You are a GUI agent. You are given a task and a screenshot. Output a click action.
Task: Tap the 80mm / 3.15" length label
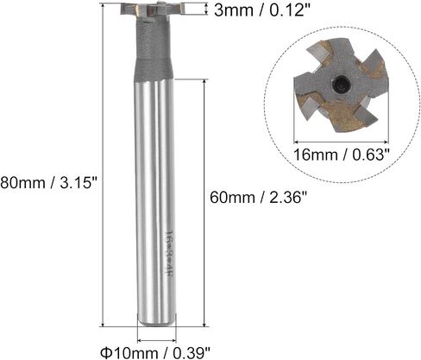click(49, 183)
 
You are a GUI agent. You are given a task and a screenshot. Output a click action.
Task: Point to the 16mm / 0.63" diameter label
click(342, 155)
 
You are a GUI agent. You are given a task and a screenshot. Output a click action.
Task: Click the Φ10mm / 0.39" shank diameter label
click(155, 352)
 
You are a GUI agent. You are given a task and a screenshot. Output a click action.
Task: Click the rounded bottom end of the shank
click(156, 321)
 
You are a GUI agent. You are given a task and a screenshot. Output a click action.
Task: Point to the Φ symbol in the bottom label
click(105, 352)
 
